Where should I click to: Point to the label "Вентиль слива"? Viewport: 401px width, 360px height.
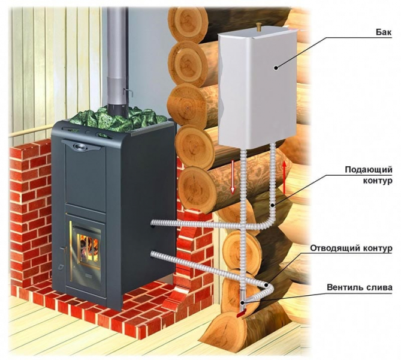(360, 287)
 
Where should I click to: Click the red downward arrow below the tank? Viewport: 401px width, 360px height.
(233, 178)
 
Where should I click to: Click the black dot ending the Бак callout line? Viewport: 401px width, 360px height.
(276, 68)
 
